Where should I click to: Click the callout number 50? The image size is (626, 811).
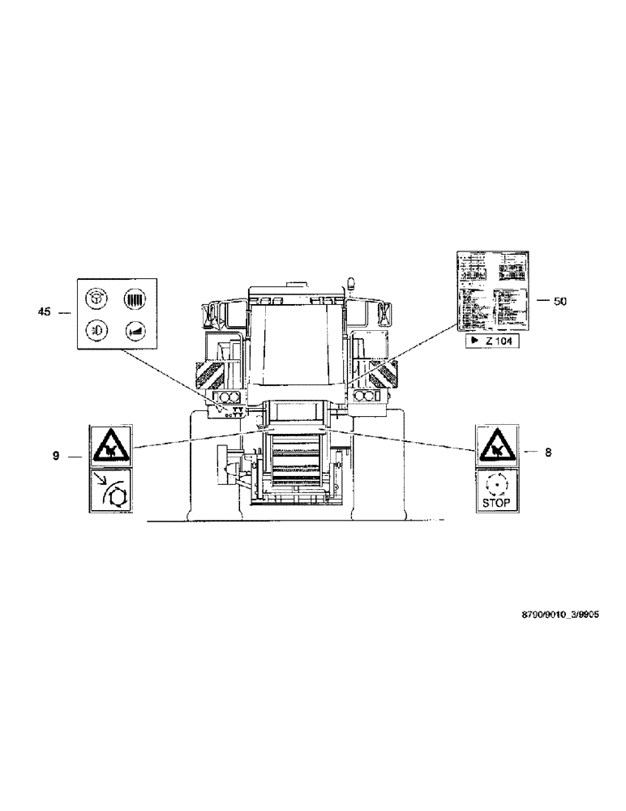(560, 301)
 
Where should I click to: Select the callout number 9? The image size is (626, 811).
(56, 457)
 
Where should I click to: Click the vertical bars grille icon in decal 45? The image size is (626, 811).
(133, 298)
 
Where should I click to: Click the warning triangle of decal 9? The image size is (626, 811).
(108, 444)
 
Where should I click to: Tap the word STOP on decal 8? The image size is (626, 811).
(495, 502)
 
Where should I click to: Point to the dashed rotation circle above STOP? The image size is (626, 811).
(495, 484)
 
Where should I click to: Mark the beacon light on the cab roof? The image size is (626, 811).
(351, 284)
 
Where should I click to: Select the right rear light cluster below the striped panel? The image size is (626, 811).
(367, 396)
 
